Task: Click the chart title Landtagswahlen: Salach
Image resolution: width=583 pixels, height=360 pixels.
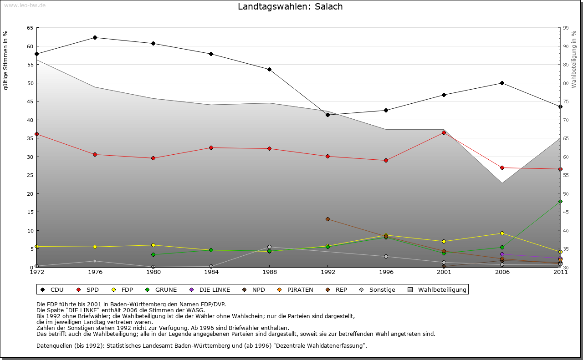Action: (290, 7)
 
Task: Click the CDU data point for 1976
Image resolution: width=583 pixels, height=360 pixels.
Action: (95, 38)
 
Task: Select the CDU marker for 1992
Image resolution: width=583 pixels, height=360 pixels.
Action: (327, 115)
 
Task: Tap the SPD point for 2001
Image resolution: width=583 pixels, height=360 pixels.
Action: (444, 132)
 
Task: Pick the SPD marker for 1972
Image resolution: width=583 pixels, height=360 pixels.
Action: (36, 134)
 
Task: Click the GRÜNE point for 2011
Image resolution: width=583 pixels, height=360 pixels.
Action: (560, 201)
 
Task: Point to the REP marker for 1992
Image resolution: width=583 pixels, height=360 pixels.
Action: (327, 219)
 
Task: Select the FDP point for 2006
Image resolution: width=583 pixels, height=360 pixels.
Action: (502, 233)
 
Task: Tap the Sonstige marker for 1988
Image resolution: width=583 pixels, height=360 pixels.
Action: (269, 247)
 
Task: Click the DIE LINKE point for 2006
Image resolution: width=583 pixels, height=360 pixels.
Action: (502, 254)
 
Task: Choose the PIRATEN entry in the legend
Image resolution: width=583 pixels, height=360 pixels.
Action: (296, 289)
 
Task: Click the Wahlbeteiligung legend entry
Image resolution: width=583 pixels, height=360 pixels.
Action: (438, 289)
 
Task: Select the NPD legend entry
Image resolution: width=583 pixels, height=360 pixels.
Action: (255, 289)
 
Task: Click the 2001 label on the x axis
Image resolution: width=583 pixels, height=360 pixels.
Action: (444, 272)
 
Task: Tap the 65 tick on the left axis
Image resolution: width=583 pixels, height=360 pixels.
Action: (30, 28)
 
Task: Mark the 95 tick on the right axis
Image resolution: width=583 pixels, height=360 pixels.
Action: (566, 28)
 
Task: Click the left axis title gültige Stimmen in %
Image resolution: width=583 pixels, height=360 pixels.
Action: (6, 60)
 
